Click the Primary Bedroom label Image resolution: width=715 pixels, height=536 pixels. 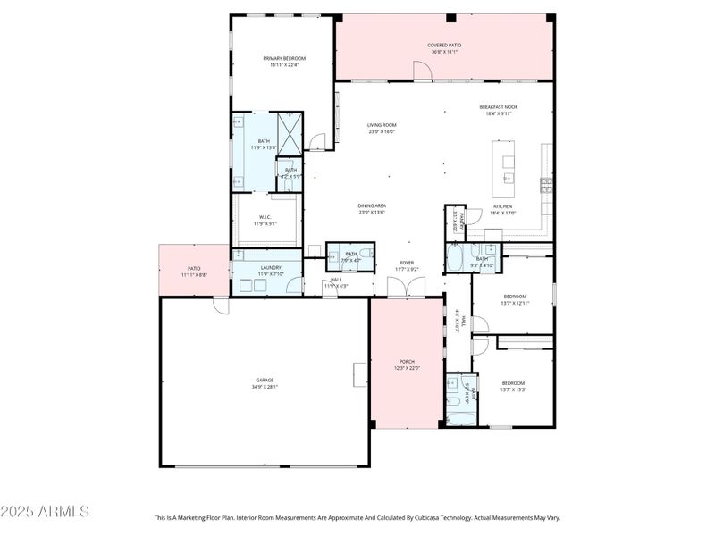(284, 58)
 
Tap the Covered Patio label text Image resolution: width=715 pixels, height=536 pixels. (444, 45)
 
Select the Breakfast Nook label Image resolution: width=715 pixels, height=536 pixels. (498, 107)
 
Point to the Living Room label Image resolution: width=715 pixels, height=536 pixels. (382, 125)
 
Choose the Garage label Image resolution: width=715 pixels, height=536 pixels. (265, 380)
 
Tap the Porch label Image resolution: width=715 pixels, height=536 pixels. (406, 362)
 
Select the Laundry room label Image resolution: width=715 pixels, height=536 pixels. (271, 267)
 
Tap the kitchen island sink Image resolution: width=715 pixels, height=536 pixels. (509, 163)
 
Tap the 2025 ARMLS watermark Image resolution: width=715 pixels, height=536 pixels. (45, 512)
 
